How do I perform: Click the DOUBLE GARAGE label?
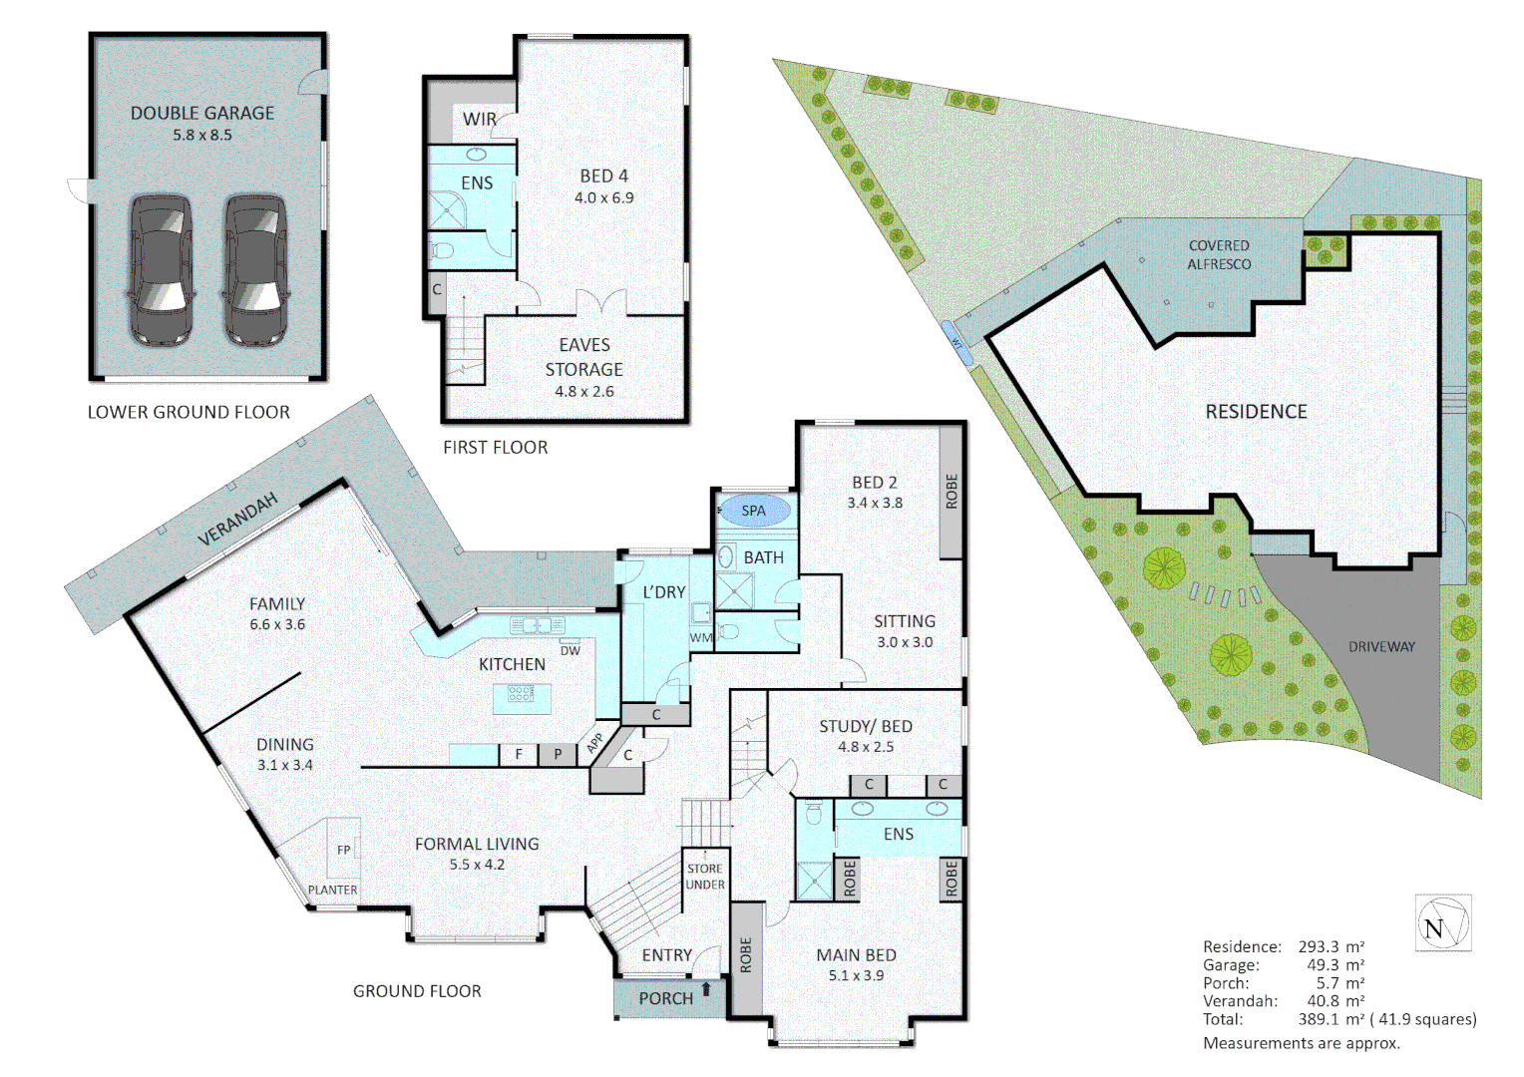[x=202, y=113]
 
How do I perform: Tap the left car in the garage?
[x=160, y=270]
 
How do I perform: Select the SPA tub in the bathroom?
[x=754, y=511]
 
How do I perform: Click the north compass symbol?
[x=1442, y=924]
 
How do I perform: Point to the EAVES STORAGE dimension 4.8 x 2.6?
[x=583, y=392]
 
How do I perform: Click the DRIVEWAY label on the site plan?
[x=1381, y=646]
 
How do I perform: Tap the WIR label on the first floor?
[x=479, y=119]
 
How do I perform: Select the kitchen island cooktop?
[x=521, y=693]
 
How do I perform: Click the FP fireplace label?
[x=344, y=850]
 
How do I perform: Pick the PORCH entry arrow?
[x=707, y=989]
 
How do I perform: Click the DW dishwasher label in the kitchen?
[x=570, y=651]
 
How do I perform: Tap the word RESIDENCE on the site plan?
[x=1256, y=411]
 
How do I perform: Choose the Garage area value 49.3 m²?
[x=1334, y=964]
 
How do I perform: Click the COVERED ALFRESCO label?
[x=1219, y=254]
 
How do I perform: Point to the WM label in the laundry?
[x=701, y=637]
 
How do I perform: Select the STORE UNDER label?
[x=705, y=877]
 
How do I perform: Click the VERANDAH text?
[x=237, y=519]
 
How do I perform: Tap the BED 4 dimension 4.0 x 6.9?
[x=603, y=197]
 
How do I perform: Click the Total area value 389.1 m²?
[x=1331, y=1019]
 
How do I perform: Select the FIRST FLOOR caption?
[x=495, y=448]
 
